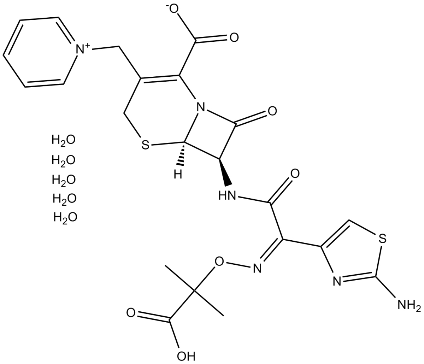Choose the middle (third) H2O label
point(64,179)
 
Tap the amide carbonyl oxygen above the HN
point(295,174)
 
